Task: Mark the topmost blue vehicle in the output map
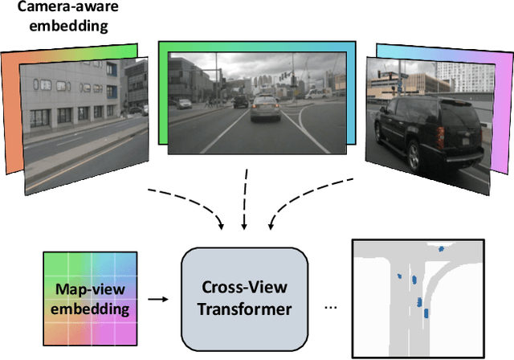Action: tap(440, 251)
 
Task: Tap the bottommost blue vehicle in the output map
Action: tap(425, 314)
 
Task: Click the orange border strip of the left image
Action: tap(11, 112)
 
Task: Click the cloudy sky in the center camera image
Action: tap(241, 68)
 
